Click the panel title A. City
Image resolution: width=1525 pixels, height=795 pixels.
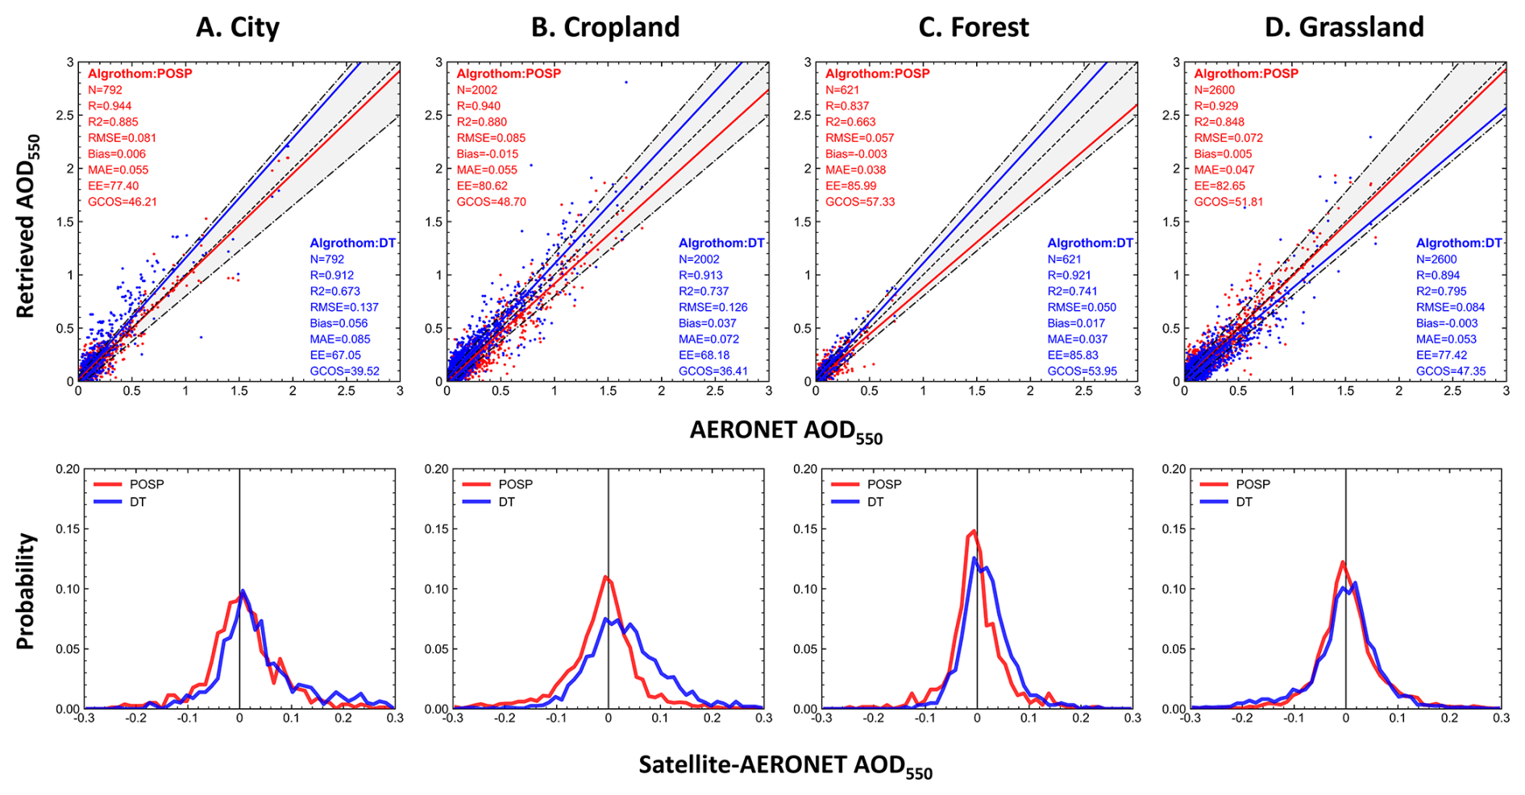238,27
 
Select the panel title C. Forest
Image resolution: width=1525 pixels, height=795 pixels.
974,27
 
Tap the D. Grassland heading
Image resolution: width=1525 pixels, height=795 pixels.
1344,27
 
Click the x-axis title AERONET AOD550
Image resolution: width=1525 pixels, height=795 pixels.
786,432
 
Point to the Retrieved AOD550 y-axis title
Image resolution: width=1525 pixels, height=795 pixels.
28,226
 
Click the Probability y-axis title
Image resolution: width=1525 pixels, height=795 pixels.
26,590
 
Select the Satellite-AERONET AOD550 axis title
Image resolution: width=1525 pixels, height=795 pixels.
786,766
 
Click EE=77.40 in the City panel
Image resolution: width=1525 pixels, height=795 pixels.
113,186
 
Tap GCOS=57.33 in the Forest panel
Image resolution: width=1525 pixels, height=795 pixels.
860,202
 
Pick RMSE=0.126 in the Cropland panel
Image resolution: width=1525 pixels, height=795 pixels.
713,307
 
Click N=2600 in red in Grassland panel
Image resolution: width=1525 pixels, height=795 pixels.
1215,90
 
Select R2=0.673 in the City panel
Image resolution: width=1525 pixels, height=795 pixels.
335,291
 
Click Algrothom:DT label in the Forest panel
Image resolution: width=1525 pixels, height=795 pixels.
1090,242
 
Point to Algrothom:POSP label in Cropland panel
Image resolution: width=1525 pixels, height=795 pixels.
509,73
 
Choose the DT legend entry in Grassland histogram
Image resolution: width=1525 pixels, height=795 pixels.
1228,502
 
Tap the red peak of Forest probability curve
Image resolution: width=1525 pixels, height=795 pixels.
974,531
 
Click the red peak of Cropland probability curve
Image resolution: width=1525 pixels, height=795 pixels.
605,577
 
